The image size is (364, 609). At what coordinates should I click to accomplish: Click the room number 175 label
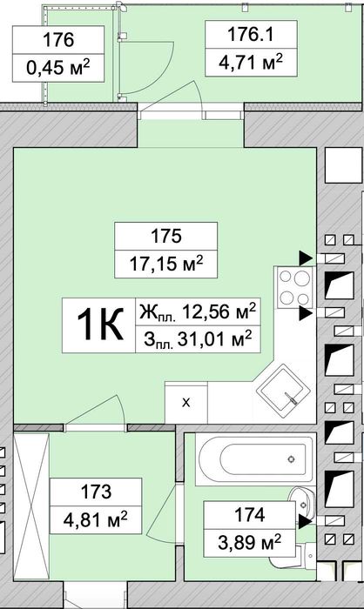(166, 236)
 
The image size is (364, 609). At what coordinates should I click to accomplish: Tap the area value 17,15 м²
(166, 264)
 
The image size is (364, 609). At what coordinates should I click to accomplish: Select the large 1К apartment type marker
(99, 325)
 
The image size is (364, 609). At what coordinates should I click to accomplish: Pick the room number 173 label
(96, 492)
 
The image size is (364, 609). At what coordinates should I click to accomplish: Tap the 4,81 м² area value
(95, 519)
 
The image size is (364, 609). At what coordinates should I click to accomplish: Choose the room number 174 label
(249, 515)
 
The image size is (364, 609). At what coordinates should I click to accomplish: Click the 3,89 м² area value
(249, 542)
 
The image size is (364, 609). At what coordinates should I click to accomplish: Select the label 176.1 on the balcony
(251, 34)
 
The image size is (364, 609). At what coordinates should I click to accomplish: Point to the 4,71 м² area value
(251, 62)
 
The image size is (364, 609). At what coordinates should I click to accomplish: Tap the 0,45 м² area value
(58, 68)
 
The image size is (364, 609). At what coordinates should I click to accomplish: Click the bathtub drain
(291, 459)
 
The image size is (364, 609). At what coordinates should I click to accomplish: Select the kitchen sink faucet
(291, 398)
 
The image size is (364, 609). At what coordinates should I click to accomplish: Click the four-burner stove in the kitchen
(295, 287)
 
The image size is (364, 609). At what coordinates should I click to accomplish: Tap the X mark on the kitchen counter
(186, 402)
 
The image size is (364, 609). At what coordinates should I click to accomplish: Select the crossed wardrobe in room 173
(31, 506)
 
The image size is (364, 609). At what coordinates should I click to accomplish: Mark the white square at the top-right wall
(342, 165)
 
